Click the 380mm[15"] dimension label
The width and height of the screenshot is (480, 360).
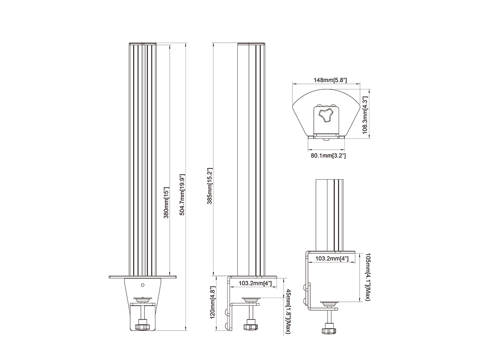click(x=166, y=202)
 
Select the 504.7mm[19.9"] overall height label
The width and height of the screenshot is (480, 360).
click(x=182, y=195)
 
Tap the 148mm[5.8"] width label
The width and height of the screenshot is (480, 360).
click(x=326, y=80)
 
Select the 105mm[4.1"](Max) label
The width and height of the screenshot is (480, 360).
click(x=368, y=277)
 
